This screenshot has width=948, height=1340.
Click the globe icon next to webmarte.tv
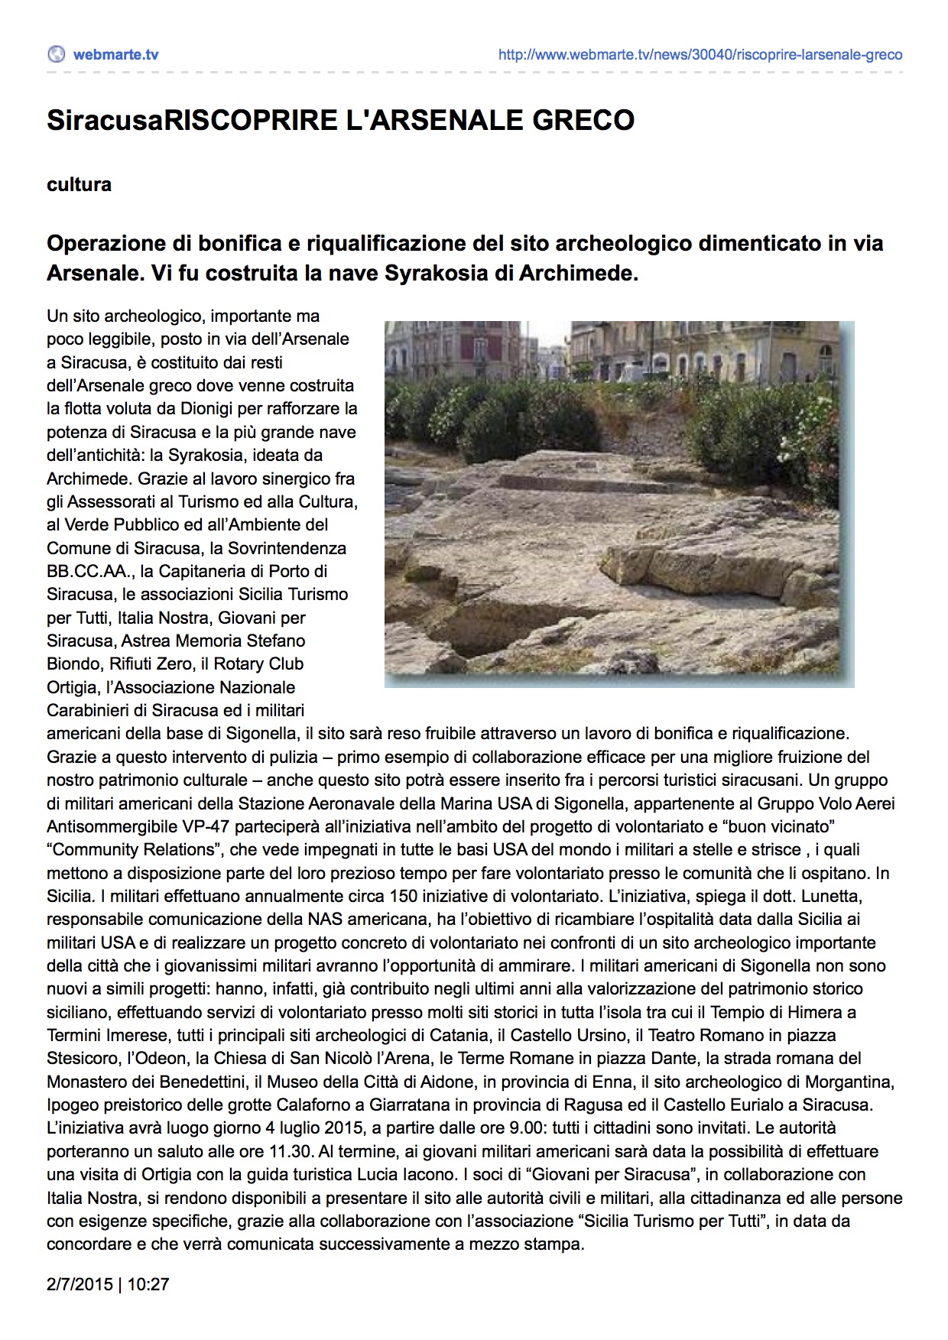pyautogui.click(x=56, y=54)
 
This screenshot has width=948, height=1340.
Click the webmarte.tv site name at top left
pyautogui.click(x=115, y=54)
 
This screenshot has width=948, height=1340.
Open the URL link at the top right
pyautogui.click(x=700, y=55)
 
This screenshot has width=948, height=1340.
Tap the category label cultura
pyautogui.click(x=79, y=185)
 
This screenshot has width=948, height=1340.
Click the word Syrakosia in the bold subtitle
pyautogui.click(x=437, y=274)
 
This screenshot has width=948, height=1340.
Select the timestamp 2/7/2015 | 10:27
pyautogui.click(x=108, y=1284)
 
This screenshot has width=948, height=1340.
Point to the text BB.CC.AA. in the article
pyautogui.click(x=88, y=571)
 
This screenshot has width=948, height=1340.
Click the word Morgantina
pyautogui.click(x=847, y=1082)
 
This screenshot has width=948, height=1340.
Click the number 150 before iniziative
pyautogui.click(x=403, y=896)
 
